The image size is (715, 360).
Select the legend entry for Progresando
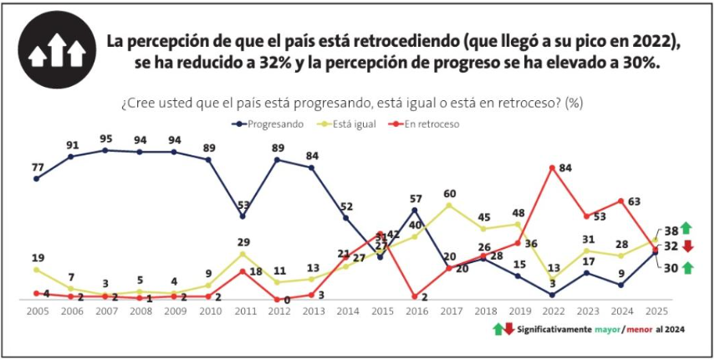[268, 124]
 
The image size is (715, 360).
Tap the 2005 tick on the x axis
[36, 310]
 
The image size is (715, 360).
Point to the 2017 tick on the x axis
[450, 310]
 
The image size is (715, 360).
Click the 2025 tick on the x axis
[656, 310]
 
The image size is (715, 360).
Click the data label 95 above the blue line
[105, 138]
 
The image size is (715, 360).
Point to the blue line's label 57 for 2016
[416, 198]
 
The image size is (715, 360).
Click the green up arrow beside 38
[687, 228]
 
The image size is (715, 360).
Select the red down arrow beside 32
[687, 246]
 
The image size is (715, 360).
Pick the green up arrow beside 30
[687, 267]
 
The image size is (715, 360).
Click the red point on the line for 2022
[553, 167]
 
